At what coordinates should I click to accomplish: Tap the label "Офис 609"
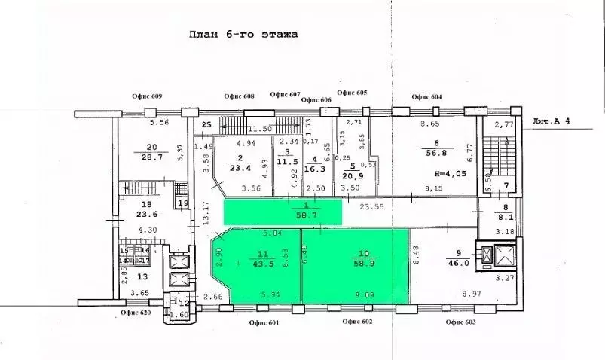point(145,96)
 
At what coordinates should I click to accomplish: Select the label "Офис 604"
point(426,96)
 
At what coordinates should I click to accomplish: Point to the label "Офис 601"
point(263,323)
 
